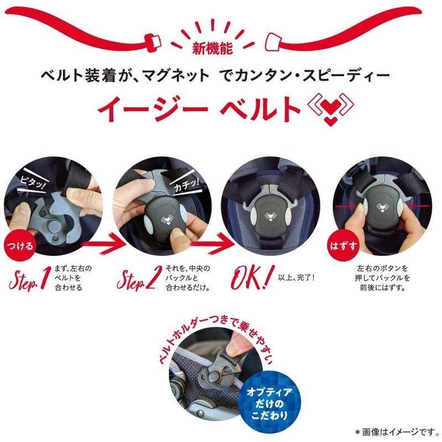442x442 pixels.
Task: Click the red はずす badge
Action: click(x=351, y=244)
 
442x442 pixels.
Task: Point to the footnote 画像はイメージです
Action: click(x=398, y=430)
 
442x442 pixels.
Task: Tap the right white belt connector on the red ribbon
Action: click(x=275, y=40)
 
